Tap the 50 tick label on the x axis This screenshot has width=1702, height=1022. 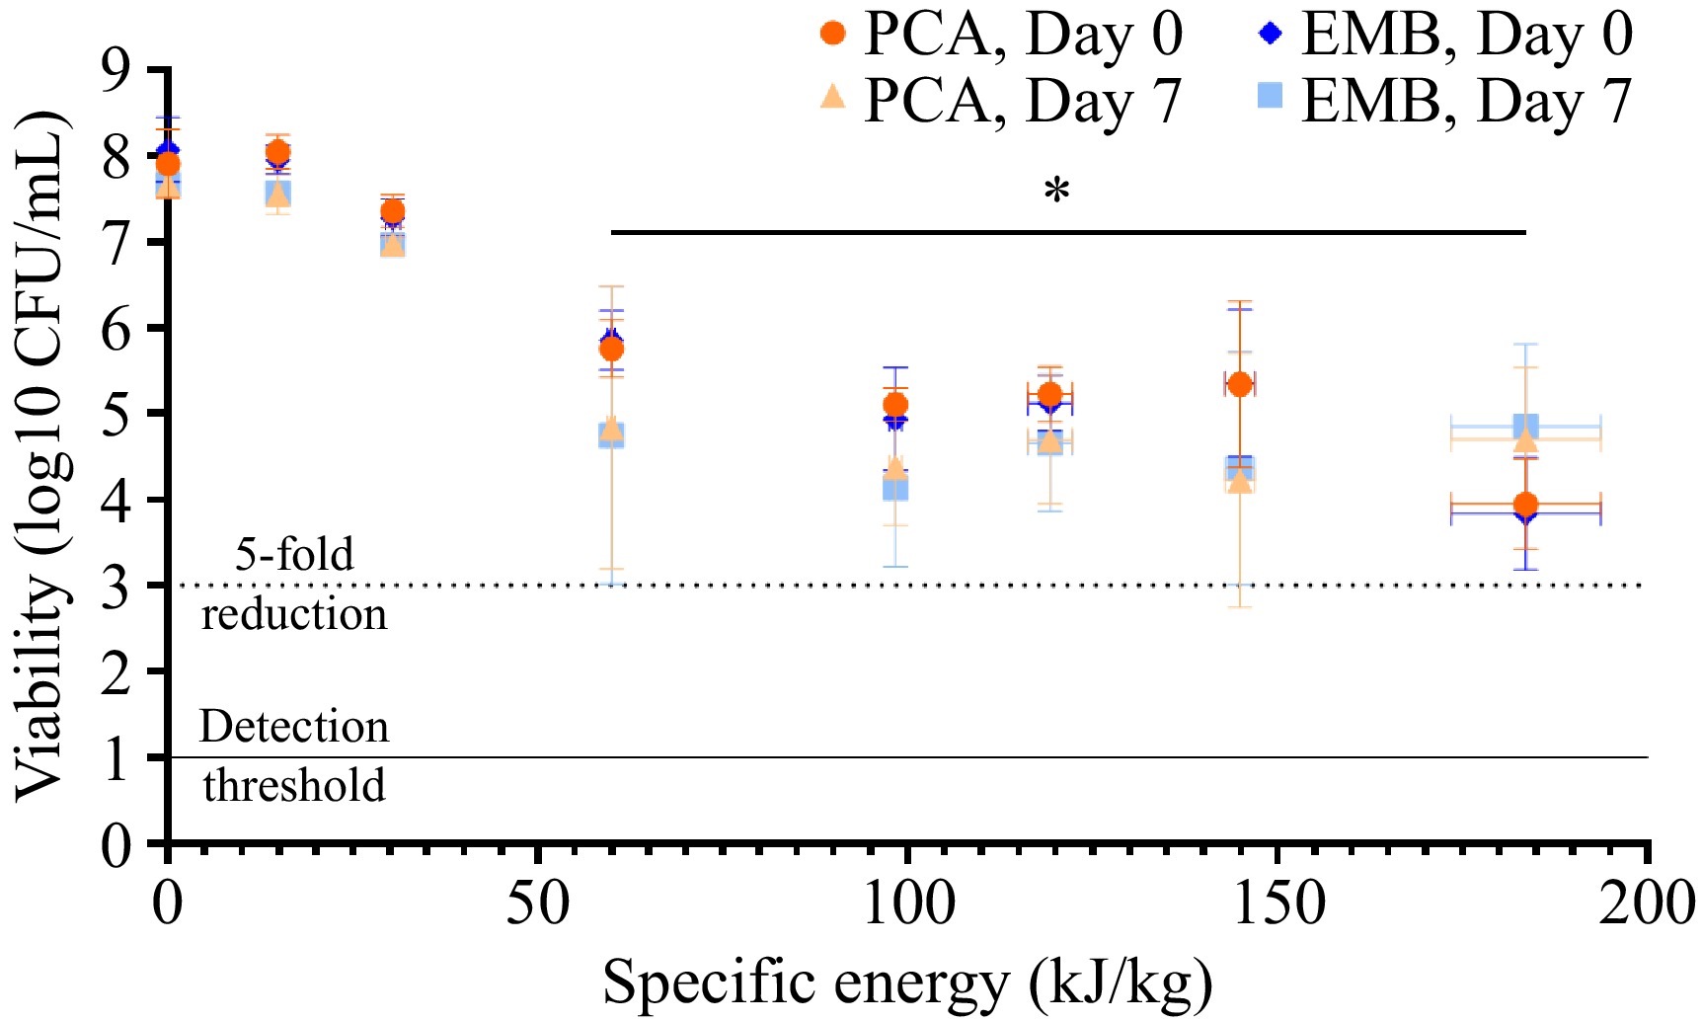[538, 904]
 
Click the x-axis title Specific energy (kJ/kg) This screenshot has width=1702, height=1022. [907, 983]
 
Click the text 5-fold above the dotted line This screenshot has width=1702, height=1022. [294, 554]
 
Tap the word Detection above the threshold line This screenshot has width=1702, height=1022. [294, 727]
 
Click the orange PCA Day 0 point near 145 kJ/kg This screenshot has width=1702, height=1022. [1240, 384]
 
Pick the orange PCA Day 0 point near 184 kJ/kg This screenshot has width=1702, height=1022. [1525, 505]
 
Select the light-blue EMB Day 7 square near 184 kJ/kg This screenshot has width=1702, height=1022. [1525, 428]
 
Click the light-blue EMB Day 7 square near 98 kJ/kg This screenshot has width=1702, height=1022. [895, 488]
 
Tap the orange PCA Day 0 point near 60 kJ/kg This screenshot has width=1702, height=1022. [611, 350]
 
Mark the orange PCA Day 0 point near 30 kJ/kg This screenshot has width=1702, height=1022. [393, 211]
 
